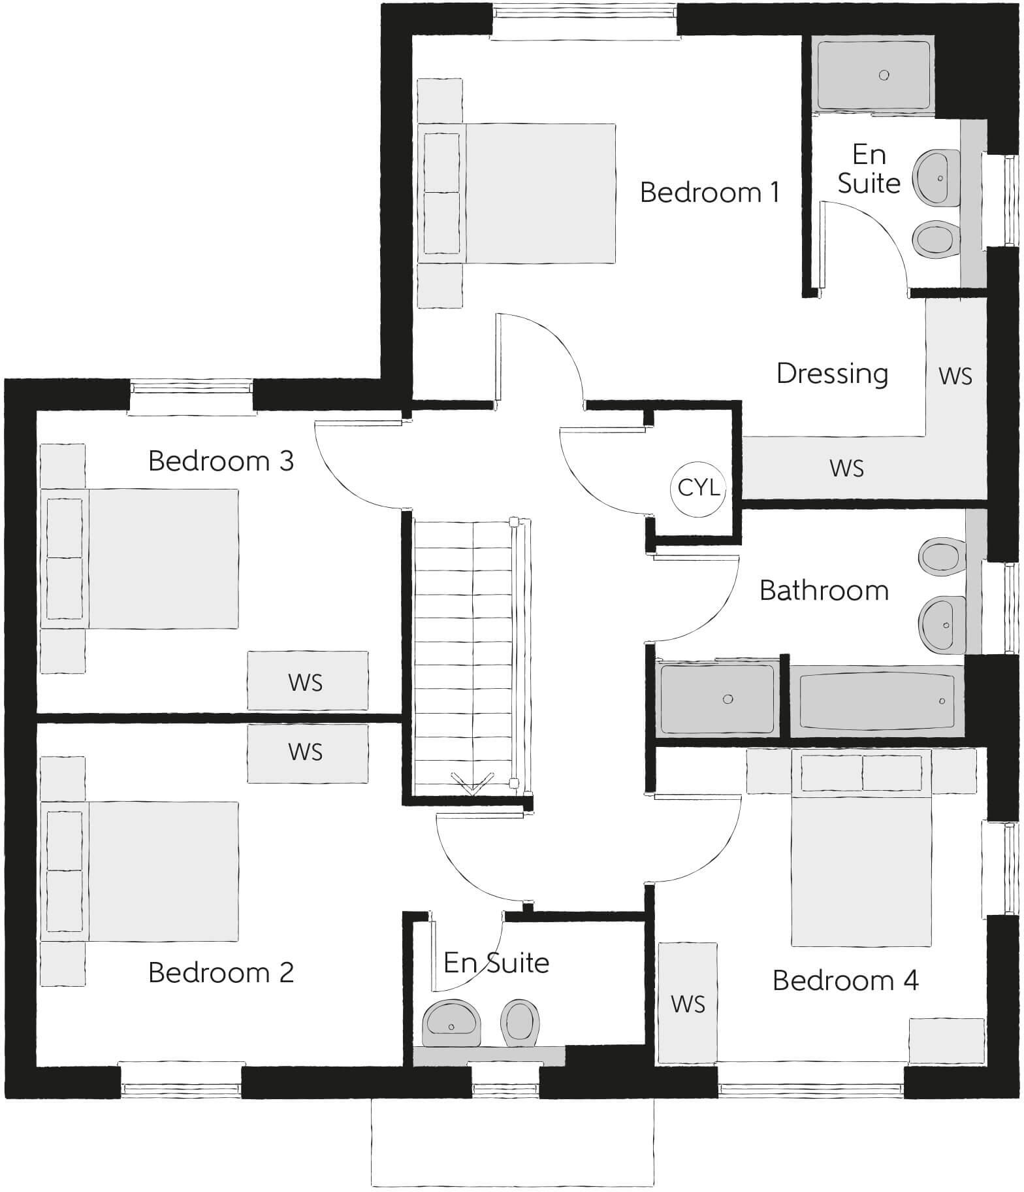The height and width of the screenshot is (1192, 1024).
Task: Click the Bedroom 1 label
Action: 709,193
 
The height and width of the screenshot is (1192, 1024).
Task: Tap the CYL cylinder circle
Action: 698,488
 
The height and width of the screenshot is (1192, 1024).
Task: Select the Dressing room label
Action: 832,374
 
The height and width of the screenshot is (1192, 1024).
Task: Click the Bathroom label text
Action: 824,591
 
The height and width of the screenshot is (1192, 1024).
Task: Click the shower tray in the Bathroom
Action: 717,699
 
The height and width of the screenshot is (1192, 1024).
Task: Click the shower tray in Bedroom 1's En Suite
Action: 872,75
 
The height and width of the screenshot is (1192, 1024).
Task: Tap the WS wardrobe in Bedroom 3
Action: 307,681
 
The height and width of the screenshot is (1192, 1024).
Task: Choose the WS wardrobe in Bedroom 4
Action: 688,1002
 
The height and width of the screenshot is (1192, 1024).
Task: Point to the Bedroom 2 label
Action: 221,972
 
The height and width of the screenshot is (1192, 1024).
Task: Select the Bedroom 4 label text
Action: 845,980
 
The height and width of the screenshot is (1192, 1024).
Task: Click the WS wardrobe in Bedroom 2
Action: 307,753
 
